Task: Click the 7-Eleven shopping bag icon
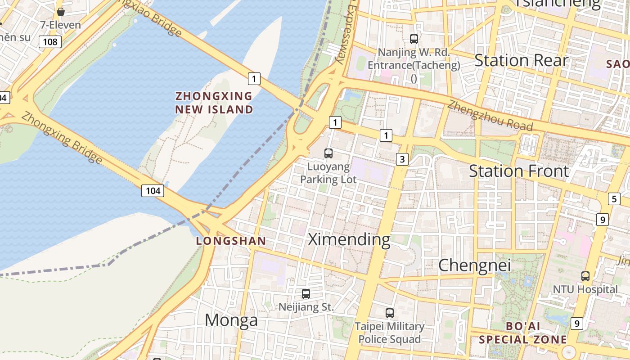pos(61,12)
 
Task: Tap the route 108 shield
pos(49,42)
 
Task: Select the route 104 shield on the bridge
pos(153,190)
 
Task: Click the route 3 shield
pos(402,159)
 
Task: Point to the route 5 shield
pos(614,198)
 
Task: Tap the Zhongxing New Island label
pos(214,103)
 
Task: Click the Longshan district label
pos(231,241)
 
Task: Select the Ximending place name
pos(349,239)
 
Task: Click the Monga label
pos(231,320)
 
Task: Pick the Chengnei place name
pos(474,265)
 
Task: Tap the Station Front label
pos(519,171)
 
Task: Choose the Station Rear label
pos(521,60)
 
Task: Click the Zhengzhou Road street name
pos(490,116)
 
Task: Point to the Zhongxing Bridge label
pos(62,137)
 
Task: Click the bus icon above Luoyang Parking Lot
pos(328,153)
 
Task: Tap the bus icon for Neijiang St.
pos(306,294)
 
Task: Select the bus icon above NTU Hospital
pos(585,276)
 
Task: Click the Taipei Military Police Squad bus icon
pos(390,313)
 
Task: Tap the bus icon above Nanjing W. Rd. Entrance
pos(414,39)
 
